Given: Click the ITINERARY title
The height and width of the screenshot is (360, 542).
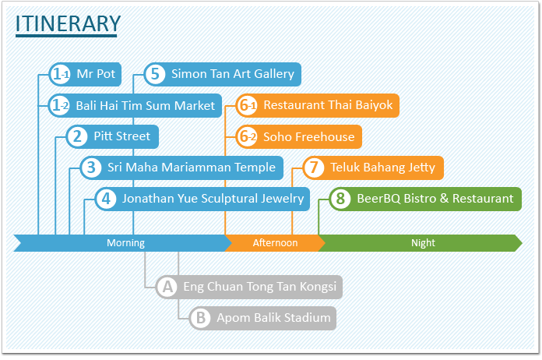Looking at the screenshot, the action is click(x=68, y=23).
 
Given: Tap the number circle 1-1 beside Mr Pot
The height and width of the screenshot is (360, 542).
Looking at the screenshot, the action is click(x=60, y=74).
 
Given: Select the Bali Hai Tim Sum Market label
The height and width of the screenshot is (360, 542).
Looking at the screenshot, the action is click(x=145, y=105).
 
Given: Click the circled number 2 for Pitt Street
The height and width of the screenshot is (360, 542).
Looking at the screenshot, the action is click(x=77, y=136).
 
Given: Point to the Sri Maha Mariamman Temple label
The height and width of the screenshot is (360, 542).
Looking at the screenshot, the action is click(x=192, y=168).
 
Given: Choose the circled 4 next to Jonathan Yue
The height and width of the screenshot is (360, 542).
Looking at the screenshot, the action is click(x=106, y=199).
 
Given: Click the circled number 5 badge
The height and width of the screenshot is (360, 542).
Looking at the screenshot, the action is click(x=155, y=74).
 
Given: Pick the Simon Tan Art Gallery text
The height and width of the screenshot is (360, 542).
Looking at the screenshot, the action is click(x=233, y=74).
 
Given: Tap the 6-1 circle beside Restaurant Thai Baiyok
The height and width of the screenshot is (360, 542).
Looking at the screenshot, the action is click(x=248, y=105).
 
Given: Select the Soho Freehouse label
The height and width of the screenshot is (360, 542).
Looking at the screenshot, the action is click(x=308, y=136).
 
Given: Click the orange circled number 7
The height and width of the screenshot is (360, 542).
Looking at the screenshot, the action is click(x=314, y=168).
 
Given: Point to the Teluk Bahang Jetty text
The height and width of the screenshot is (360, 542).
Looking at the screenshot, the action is click(x=382, y=168).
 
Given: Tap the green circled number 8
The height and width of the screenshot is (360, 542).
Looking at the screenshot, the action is click(x=340, y=199).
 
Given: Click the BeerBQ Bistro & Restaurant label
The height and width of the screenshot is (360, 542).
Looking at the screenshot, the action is click(x=435, y=199).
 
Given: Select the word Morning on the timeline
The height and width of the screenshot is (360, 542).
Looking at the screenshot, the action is click(x=126, y=243).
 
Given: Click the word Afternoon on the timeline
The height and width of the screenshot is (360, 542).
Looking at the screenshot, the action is click(x=275, y=243).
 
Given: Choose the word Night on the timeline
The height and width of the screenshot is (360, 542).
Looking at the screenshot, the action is click(x=423, y=243).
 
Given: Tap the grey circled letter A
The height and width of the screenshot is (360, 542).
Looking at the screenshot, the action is click(x=167, y=287).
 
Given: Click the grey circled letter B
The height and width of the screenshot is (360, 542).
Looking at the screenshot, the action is click(x=200, y=318).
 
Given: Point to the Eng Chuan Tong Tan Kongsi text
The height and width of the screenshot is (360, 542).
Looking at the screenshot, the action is click(x=259, y=287).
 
